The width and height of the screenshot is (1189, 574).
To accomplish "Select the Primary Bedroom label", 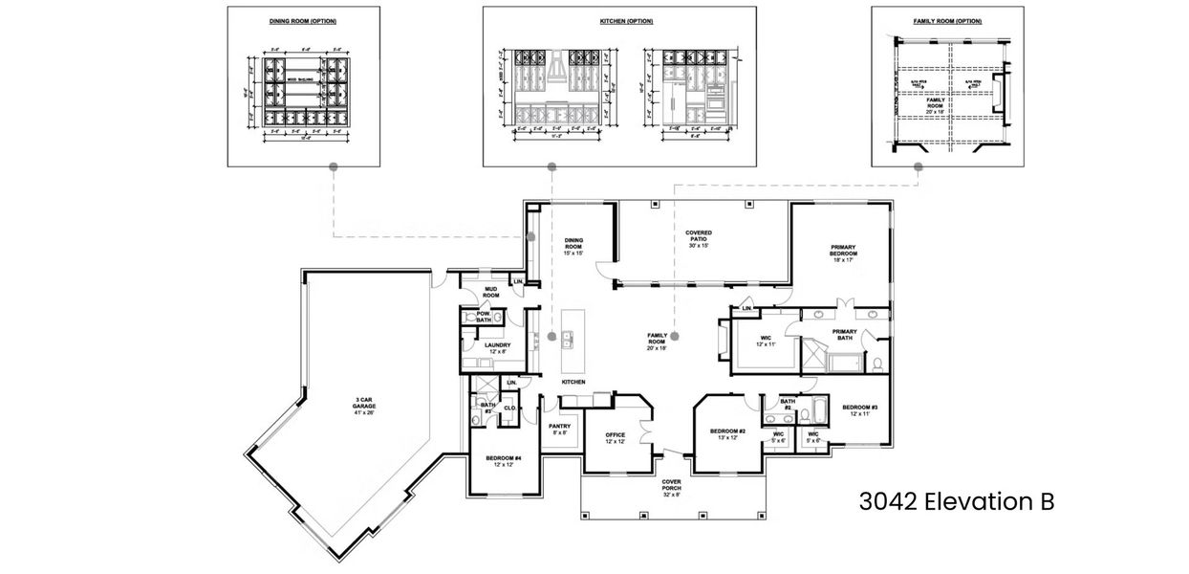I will tap(843, 253).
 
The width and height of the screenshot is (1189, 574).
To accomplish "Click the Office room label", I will tap(615, 438).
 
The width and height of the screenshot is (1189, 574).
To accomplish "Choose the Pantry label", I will tap(559, 429).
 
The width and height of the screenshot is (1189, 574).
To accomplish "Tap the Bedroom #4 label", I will tap(504, 462).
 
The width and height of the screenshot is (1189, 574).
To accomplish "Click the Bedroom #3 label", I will tap(859, 409).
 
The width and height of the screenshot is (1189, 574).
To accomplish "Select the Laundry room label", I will tap(497, 348).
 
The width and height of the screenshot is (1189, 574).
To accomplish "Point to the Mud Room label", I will tap(491, 291).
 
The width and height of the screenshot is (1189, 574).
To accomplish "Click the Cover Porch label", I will tap(671, 489).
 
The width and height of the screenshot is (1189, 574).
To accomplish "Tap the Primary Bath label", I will tap(844, 335).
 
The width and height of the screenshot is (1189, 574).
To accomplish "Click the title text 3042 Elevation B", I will tap(957, 501).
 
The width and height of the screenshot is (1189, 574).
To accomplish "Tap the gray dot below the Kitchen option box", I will tap(551, 166).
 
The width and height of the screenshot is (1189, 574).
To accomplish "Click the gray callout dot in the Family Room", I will tap(675, 336).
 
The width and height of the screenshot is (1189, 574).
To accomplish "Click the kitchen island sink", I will tap(568, 336).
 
